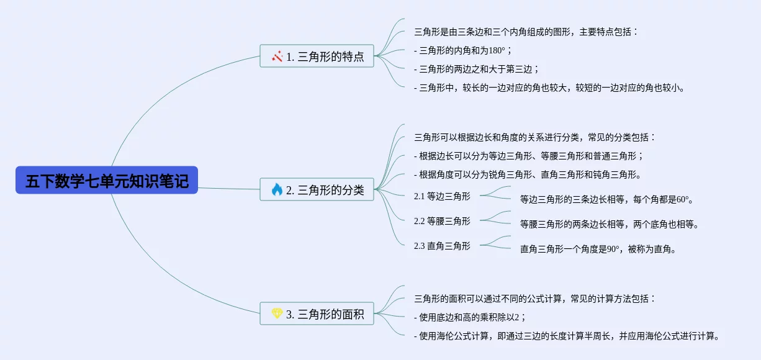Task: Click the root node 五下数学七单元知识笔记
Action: (x=107, y=180)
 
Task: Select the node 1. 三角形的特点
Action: (x=317, y=56)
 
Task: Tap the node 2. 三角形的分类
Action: (x=317, y=189)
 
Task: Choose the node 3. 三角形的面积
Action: (x=317, y=313)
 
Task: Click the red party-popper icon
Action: (x=277, y=56)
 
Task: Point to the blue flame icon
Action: (x=277, y=189)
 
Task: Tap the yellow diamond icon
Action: (x=277, y=313)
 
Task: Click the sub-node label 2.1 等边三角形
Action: (x=442, y=196)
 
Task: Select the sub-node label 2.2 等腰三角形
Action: (x=442, y=221)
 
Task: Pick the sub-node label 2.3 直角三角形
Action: (x=442, y=246)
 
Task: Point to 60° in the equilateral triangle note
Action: (x=683, y=199)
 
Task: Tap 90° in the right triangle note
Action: (x=613, y=250)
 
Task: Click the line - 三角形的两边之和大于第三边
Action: (x=476, y=70)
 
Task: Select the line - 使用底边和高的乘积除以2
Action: (x=469, y=317)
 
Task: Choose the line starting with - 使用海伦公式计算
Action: (x=566, y=336)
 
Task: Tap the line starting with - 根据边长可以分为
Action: (x=529, y=156)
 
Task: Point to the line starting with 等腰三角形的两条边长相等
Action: (x=609, y=224)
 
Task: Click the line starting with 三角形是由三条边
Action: (x=526, y=32)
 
